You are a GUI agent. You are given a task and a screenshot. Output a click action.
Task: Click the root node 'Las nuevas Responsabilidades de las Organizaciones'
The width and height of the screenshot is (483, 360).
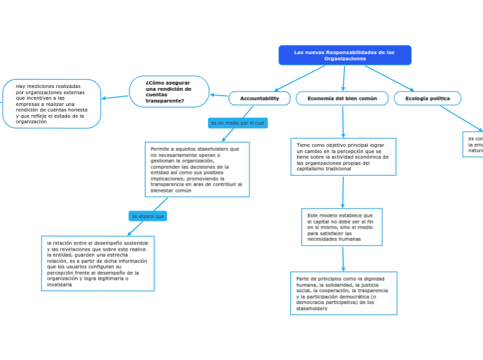pos(344,55)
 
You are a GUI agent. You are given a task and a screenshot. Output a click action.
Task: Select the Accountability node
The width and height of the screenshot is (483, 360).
pos(259,98)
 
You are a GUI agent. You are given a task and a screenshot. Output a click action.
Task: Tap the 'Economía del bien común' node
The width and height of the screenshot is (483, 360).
pos(342,98)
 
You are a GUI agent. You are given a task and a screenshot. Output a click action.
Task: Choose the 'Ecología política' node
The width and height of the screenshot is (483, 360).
pos(428,98)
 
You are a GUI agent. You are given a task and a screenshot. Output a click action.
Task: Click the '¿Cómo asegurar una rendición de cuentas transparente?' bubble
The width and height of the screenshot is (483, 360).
pos(169,91)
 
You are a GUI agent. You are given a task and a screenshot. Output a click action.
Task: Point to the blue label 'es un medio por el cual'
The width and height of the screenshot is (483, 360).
pos(238,123)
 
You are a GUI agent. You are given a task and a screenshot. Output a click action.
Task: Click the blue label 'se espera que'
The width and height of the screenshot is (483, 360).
pos(148,216)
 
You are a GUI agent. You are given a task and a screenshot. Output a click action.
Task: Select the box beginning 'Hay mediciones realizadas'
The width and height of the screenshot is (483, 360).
pos(52,104)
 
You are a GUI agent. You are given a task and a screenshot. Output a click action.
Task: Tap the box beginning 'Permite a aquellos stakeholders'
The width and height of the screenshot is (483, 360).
pos(197,170)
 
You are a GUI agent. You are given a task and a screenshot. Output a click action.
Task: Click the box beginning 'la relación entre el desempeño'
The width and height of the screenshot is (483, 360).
pos(98,263)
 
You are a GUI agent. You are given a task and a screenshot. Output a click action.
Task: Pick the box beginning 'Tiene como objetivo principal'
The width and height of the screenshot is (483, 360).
pos(343,157)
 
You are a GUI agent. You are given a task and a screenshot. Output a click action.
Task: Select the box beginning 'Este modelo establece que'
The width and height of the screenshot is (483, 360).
pos(342,227)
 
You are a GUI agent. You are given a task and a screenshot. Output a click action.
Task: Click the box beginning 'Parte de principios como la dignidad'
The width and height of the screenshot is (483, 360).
pos(344,294)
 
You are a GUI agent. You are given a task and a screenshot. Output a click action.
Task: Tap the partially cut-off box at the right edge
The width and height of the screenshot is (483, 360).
pos(474,144)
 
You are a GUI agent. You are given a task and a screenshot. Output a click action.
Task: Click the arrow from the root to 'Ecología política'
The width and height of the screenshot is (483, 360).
pos(389,78)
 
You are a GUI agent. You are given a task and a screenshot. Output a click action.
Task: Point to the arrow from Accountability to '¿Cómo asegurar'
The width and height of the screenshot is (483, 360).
pos(219,96)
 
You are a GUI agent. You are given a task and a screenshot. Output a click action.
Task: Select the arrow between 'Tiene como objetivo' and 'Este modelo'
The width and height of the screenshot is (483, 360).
pos(342,192)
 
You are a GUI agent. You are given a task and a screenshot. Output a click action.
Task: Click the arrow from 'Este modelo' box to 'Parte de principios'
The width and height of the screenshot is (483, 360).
pos(342,258)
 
